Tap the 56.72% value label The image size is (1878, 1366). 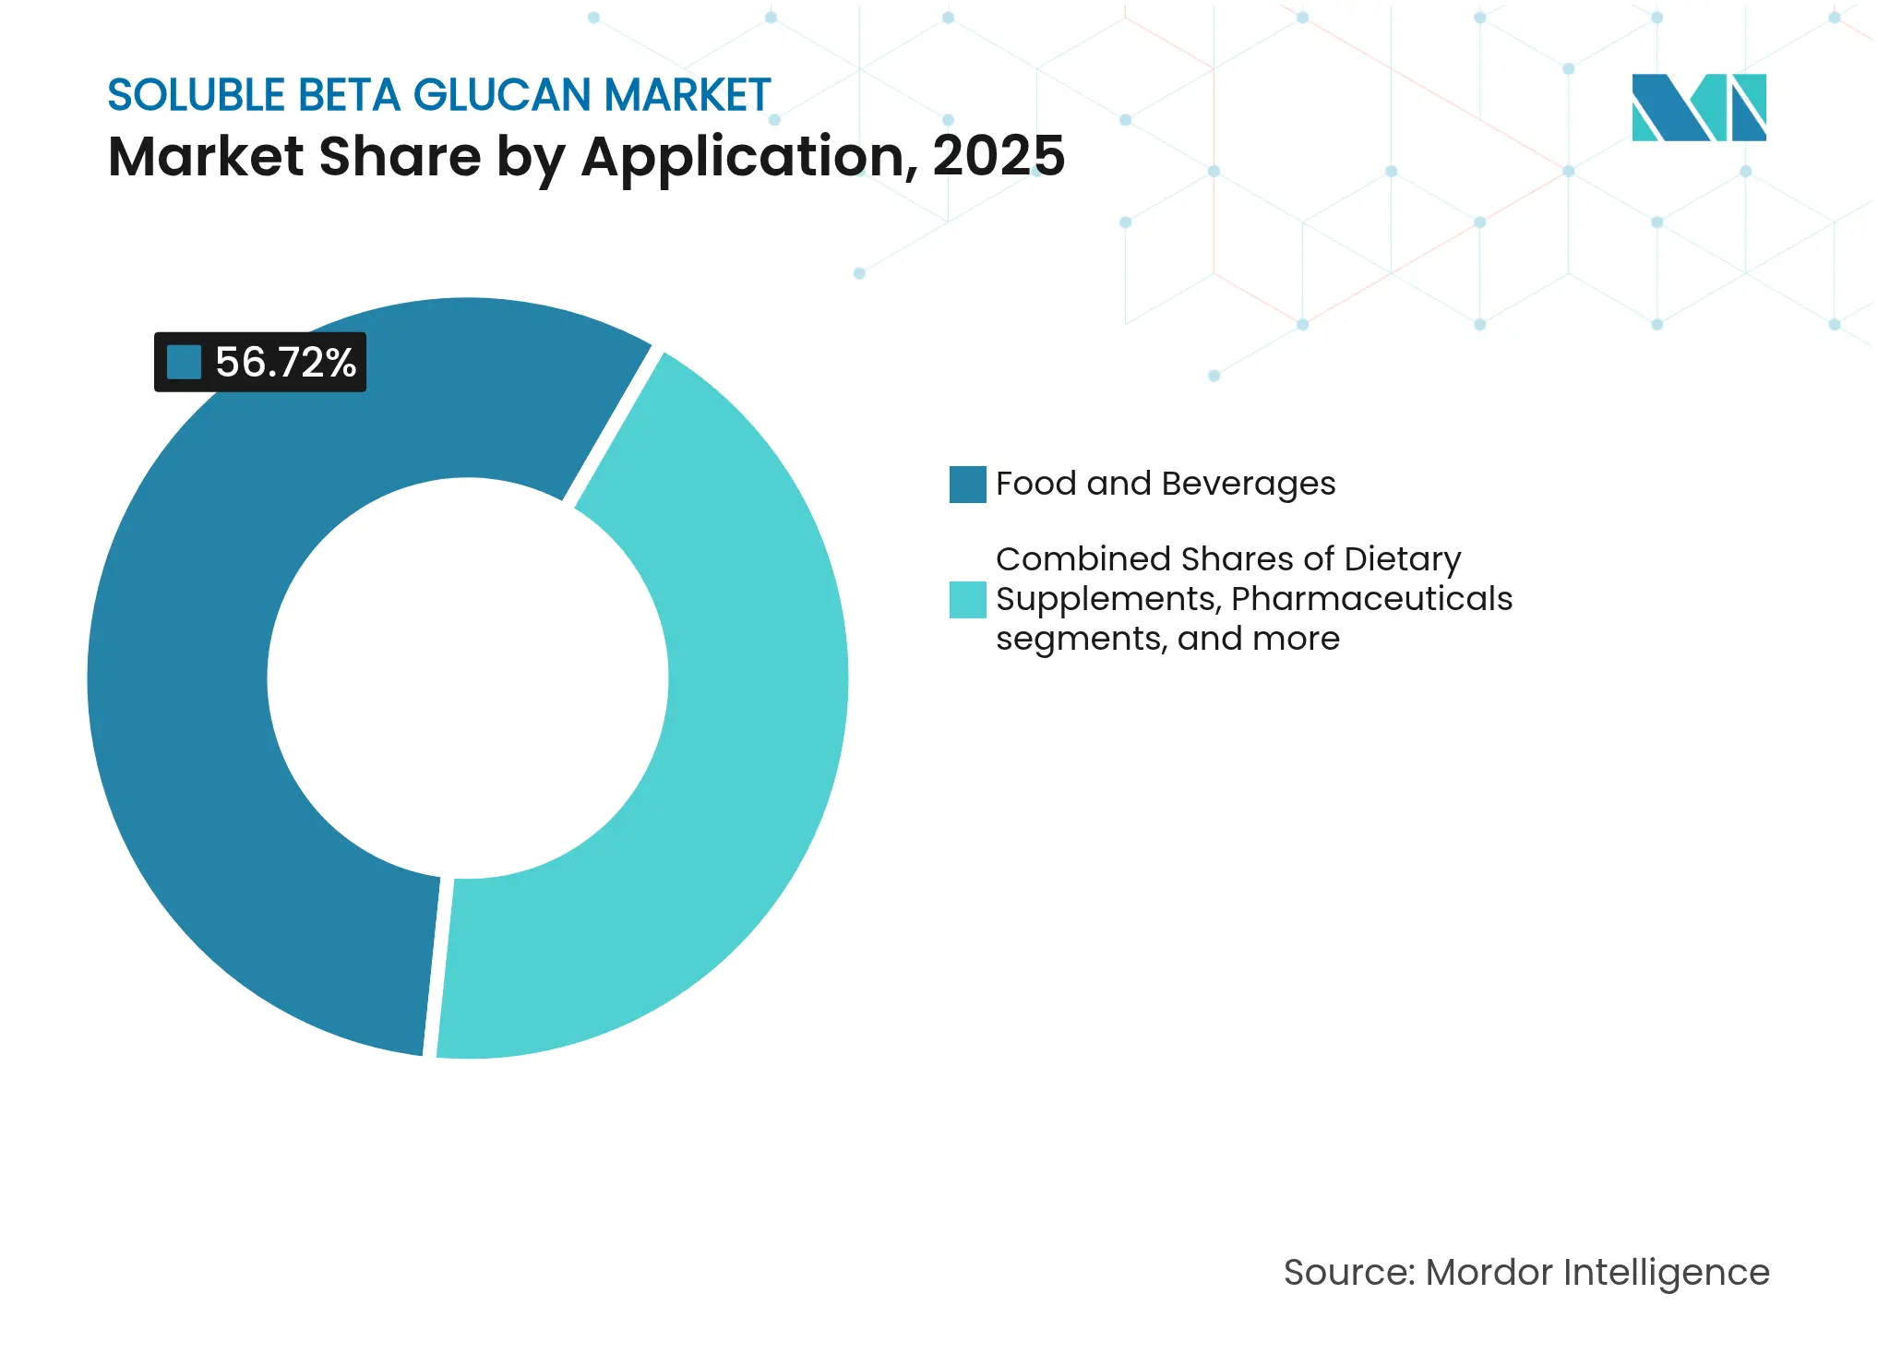point(285,363)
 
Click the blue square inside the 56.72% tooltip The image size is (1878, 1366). point(184,363)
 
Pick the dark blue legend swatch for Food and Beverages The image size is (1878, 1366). point(967,485)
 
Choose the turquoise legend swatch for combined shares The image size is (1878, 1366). point(967,600)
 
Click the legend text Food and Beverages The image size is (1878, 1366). point(1165,484)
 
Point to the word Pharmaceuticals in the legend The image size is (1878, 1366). point(1371,599)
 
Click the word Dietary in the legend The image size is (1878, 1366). point(1402,559)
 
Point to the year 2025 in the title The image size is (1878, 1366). point(999,156)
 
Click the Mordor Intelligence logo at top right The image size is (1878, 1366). point(1698,108)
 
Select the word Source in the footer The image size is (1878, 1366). point(1348,1273)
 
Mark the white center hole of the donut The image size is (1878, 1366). point(468,678)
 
